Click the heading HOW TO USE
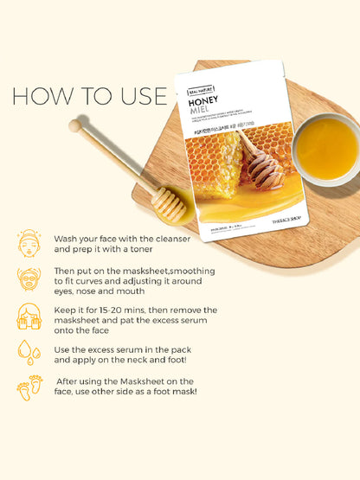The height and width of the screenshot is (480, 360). point(90,95)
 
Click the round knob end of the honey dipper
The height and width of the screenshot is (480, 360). point(75,126)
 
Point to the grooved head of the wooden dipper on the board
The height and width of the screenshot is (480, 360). point(169,204)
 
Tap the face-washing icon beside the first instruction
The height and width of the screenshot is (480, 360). point(29,243)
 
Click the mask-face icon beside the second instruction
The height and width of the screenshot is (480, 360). point(29,279)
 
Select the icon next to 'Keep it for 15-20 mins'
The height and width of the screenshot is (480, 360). point(29,316)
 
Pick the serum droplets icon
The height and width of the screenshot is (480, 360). point(29,351)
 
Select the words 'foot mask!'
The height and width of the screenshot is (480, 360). point(172,392)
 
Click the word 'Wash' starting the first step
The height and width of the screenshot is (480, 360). point(68,238)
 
